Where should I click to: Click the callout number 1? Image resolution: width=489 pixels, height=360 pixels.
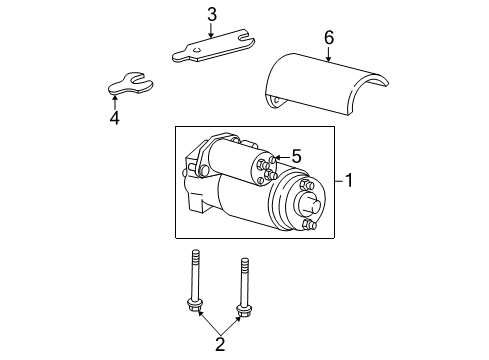coord(350,181)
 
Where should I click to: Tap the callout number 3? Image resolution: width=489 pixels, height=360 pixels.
coord(211,14)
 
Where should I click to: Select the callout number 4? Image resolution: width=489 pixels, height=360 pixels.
coord(114,117)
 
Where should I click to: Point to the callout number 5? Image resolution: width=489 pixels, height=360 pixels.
coord(296,156)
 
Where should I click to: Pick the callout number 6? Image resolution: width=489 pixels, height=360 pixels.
coord(328,38)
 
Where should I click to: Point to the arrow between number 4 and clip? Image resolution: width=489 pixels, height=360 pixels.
coord(116,101)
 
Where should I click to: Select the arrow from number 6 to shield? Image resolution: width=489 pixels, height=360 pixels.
coord(328,55)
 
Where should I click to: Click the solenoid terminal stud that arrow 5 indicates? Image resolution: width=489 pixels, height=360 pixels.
coord(272,161)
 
